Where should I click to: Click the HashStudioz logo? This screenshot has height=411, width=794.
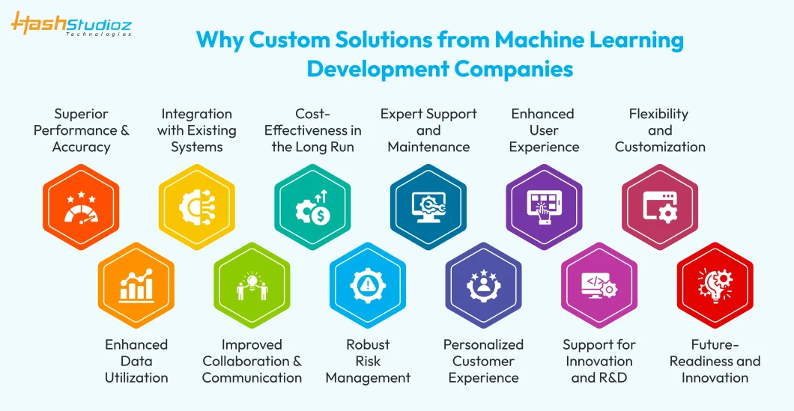pyautogui.click(x=71, y=25)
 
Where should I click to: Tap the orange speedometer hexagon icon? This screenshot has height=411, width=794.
pyautogui.click(x=81, y=207)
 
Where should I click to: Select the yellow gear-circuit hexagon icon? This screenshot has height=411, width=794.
pyautogui.click(x=197, y=207)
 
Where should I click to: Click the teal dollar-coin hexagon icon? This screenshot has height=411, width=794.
pyautogui.click(x=313, y=207)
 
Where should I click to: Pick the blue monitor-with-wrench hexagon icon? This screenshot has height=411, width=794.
pyautogui.click(x=428, y=207)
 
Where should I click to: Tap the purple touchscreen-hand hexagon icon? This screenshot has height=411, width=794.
pyautogui.click(x=545, y=207)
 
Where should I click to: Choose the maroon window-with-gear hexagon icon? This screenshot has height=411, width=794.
pyautogui.click(x=660, y=207)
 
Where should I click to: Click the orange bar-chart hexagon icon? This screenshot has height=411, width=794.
pyautogui.click(x=136, y=285)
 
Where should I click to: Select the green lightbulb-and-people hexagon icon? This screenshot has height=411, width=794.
pyautogui.click(x=252, y=285)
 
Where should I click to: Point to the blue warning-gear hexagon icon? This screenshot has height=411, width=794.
pyautogui.click(x=368, y=285)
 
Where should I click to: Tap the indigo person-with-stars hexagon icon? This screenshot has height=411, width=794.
pyautogui.click(x=484, y=285)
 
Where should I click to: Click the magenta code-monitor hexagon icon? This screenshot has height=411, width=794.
pyautogui.click(x=599, y=285)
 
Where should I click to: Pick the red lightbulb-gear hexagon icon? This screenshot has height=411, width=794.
pyautogui.click(x=715, y=285)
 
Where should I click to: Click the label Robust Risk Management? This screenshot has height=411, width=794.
pyautogui.click(x=368, y=362)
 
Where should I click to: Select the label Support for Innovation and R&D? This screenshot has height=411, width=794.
pyautogui.click(x=599, y=362)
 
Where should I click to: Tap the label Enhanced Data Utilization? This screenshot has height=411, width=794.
pyautogui.click(x=136, y=362)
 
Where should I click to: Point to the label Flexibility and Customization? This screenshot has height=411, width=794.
pyautogui.click(x=660, y=130)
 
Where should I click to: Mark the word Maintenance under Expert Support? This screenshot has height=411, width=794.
pyautogui.click(x=428, y=147)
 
